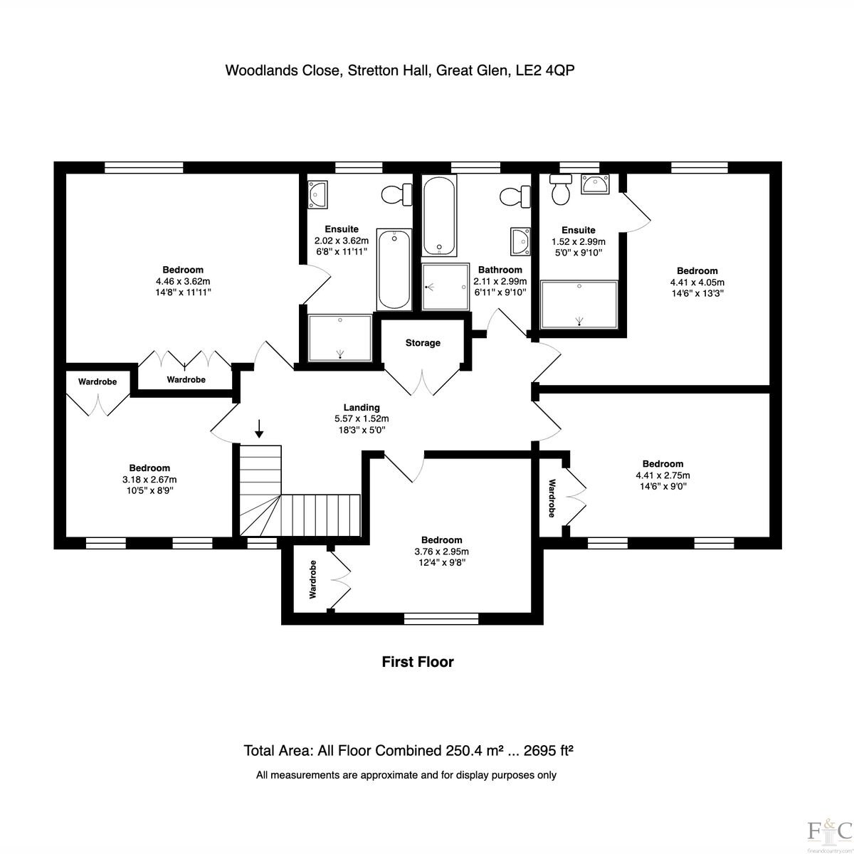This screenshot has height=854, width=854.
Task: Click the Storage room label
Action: (422, 342)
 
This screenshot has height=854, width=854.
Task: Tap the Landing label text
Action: (362, 407)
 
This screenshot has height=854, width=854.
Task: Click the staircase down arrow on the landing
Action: (259, 428)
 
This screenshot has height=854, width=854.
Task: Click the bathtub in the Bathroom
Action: (439, 216)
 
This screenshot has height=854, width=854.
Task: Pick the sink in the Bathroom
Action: (520, 241)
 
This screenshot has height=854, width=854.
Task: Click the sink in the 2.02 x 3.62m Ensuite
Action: (317, 194)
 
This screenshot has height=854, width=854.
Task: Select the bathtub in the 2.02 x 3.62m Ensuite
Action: (394, 270)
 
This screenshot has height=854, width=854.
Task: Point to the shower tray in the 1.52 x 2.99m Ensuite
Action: (579, 305)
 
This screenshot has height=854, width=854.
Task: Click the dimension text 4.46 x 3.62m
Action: (183, 281)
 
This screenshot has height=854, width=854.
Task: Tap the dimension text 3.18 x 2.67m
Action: (149, 480)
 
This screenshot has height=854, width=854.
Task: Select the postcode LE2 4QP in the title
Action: (545, 70)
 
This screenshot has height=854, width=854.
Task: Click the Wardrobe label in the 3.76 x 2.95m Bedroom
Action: (313, 580)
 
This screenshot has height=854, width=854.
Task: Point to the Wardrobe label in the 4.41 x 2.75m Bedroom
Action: (552, 498)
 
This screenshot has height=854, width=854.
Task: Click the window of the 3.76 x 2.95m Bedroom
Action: (441, 618)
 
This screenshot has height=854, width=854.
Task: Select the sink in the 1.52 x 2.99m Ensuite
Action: (596, 184)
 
